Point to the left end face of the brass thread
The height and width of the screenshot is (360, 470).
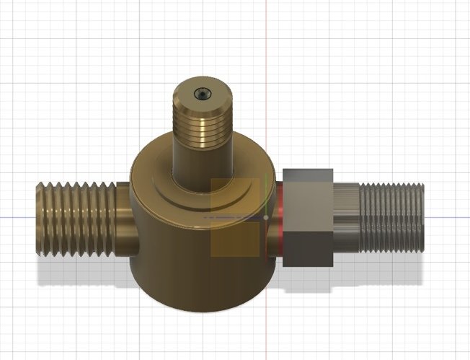click(38, 220)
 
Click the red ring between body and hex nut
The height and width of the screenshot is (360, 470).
click(280, 216)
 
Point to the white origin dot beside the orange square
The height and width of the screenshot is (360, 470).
click(267, 216)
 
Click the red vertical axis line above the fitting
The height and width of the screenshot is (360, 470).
click(267, 43)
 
